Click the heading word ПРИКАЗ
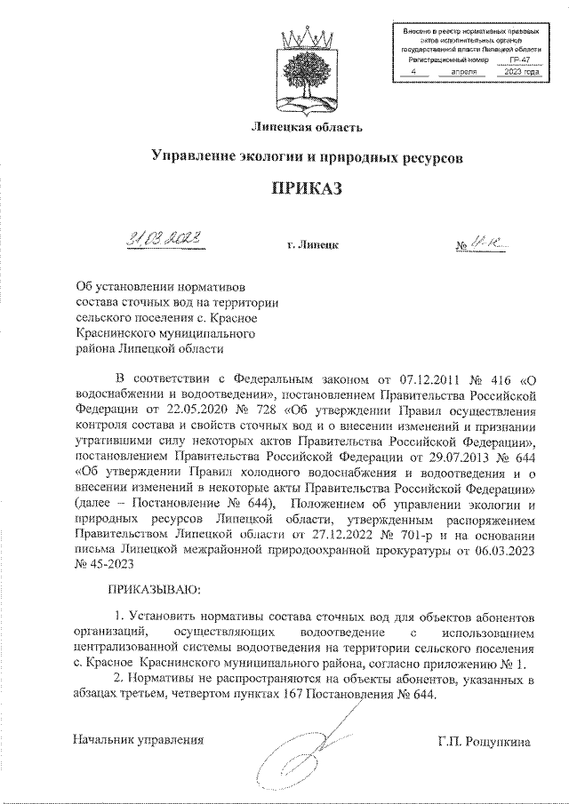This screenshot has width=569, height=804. (x=307, y=188)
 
